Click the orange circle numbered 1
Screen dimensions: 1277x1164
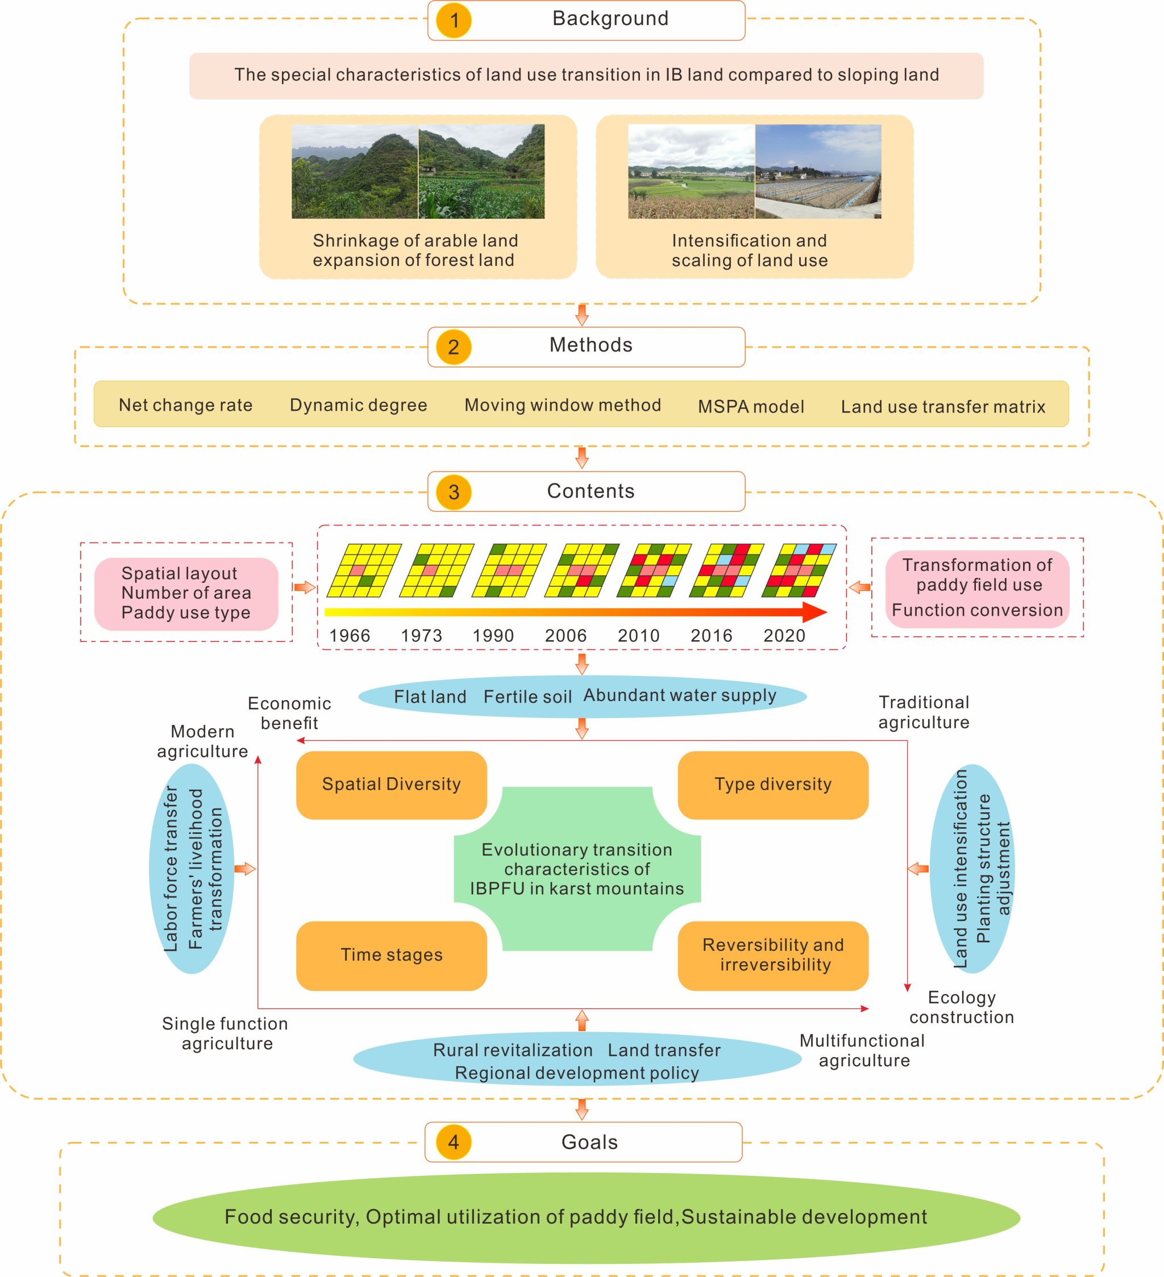click(454, 21)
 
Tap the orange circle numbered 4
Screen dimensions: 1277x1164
click(454, 1142)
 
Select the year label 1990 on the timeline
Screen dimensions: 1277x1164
click(493, 635)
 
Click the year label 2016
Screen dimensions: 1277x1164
click(711, 635)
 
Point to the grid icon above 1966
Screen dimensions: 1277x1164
click(364, 571)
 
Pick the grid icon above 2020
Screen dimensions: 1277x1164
click(799, 571)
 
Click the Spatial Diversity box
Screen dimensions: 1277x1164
click(392, 784)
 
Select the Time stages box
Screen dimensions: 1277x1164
click(392, 954)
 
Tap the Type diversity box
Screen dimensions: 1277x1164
click(773, 784)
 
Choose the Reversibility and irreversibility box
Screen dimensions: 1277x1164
click(773, 954)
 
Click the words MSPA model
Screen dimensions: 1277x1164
click(751, 407)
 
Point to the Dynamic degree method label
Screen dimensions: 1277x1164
click(359, 406)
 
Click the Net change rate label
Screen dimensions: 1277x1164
click(186, 406)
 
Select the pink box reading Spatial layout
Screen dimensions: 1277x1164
click(186, 594)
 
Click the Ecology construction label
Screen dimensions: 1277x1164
click(961, 1007)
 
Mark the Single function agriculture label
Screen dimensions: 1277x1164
click(226, 1033)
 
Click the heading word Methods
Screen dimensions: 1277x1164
click(591, 345)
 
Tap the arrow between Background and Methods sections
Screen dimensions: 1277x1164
click(581, 315)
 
